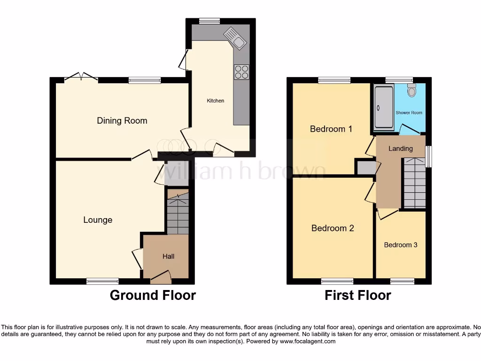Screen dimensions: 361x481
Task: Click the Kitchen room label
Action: [216, 101]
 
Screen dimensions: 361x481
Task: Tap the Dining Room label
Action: [122, 121]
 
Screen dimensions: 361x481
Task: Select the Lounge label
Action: [98, 220]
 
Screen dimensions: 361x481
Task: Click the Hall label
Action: [168, 256]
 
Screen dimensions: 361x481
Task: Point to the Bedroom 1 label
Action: [331, 129]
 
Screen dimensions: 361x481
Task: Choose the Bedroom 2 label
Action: [333, 228]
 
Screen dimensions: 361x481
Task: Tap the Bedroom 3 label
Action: [400, 245]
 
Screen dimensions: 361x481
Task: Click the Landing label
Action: [401, 149]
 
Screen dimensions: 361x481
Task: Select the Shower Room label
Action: [409, 113]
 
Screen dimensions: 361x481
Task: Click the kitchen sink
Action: [235, 38]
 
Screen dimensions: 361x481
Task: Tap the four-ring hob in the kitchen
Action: [241, 71]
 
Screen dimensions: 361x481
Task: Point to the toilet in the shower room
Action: [412, 90]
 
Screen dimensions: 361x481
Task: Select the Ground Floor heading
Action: [153, 295]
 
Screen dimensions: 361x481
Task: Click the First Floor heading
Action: [358, 295]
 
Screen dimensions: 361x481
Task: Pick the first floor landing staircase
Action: [414, 183]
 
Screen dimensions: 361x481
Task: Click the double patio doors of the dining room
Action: [81, 76]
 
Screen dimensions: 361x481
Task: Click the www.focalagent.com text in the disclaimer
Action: [308, 341]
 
